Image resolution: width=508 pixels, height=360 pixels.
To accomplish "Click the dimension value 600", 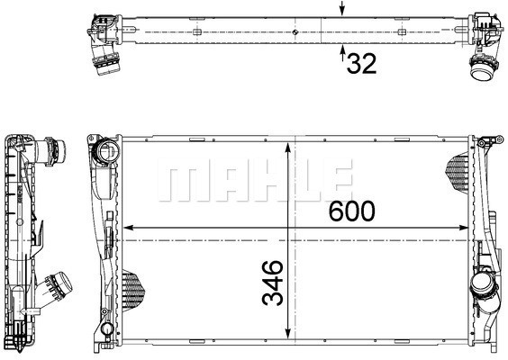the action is (352, 211).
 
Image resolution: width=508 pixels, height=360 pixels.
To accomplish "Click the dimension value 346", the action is (273, 283).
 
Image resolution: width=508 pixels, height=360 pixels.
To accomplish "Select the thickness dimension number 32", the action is (362, 64).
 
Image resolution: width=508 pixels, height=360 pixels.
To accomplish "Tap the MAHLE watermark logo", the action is (255, 180).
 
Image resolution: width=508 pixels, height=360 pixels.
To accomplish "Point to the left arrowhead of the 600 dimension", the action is (129, 228).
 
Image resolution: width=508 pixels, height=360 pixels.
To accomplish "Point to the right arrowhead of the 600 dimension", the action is (464, 228).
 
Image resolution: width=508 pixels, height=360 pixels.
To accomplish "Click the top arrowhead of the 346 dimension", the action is (287, 148).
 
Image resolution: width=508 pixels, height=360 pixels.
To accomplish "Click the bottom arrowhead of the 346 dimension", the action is (287, 334).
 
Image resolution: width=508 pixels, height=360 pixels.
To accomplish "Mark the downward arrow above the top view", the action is (342, 8).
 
